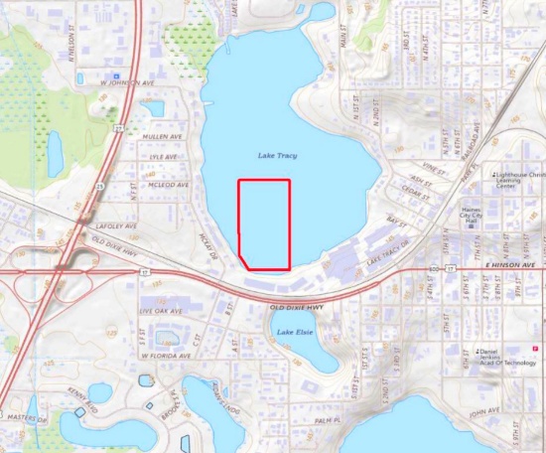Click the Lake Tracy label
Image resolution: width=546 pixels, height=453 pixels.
tap(278, 156)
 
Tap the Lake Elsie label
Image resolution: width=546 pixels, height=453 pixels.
tap(297, 331)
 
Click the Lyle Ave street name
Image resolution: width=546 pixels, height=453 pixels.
tap(162, 157)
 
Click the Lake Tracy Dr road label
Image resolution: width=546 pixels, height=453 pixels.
tap(387, 256)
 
